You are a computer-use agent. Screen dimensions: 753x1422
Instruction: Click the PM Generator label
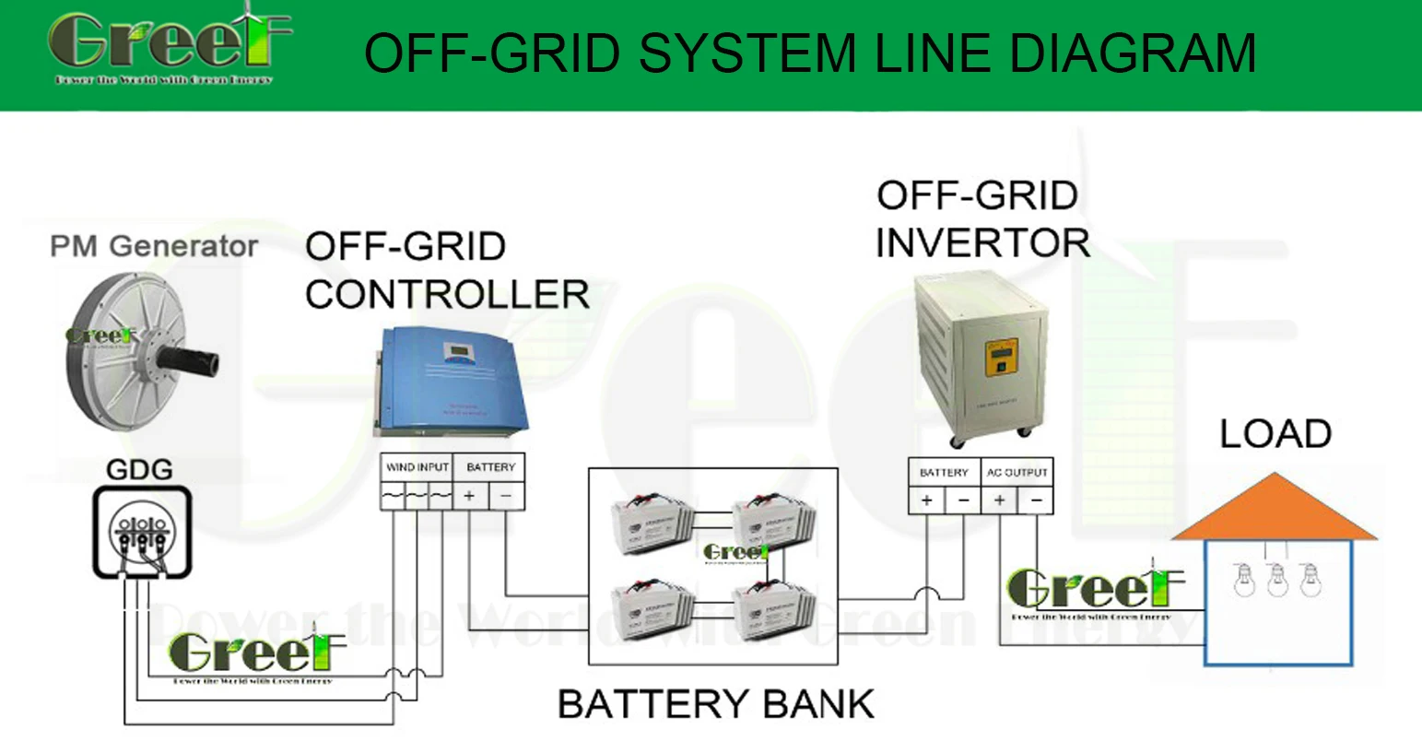point(154,246)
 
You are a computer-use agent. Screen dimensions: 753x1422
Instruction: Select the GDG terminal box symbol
point(141,533)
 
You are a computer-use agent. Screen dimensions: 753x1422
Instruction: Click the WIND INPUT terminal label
point(417,467)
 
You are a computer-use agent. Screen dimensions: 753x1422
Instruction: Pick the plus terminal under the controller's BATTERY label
point(469,497)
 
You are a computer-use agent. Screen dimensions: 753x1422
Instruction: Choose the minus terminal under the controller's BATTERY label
point(505,497)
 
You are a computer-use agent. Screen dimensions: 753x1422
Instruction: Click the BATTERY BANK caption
point(715,704)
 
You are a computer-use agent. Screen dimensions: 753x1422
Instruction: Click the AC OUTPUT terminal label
point(1017,472)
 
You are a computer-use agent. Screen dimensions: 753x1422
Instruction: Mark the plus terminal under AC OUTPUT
point(999,500)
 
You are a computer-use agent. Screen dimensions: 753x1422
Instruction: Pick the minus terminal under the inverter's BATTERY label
point(963,500)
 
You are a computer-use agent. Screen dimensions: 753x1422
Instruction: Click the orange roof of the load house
point(1274,511)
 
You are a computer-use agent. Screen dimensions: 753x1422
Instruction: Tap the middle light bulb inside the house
point(1277,580)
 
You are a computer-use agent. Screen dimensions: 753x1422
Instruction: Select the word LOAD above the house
point(1275,434)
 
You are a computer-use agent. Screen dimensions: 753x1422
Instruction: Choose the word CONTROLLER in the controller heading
point(447,295)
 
